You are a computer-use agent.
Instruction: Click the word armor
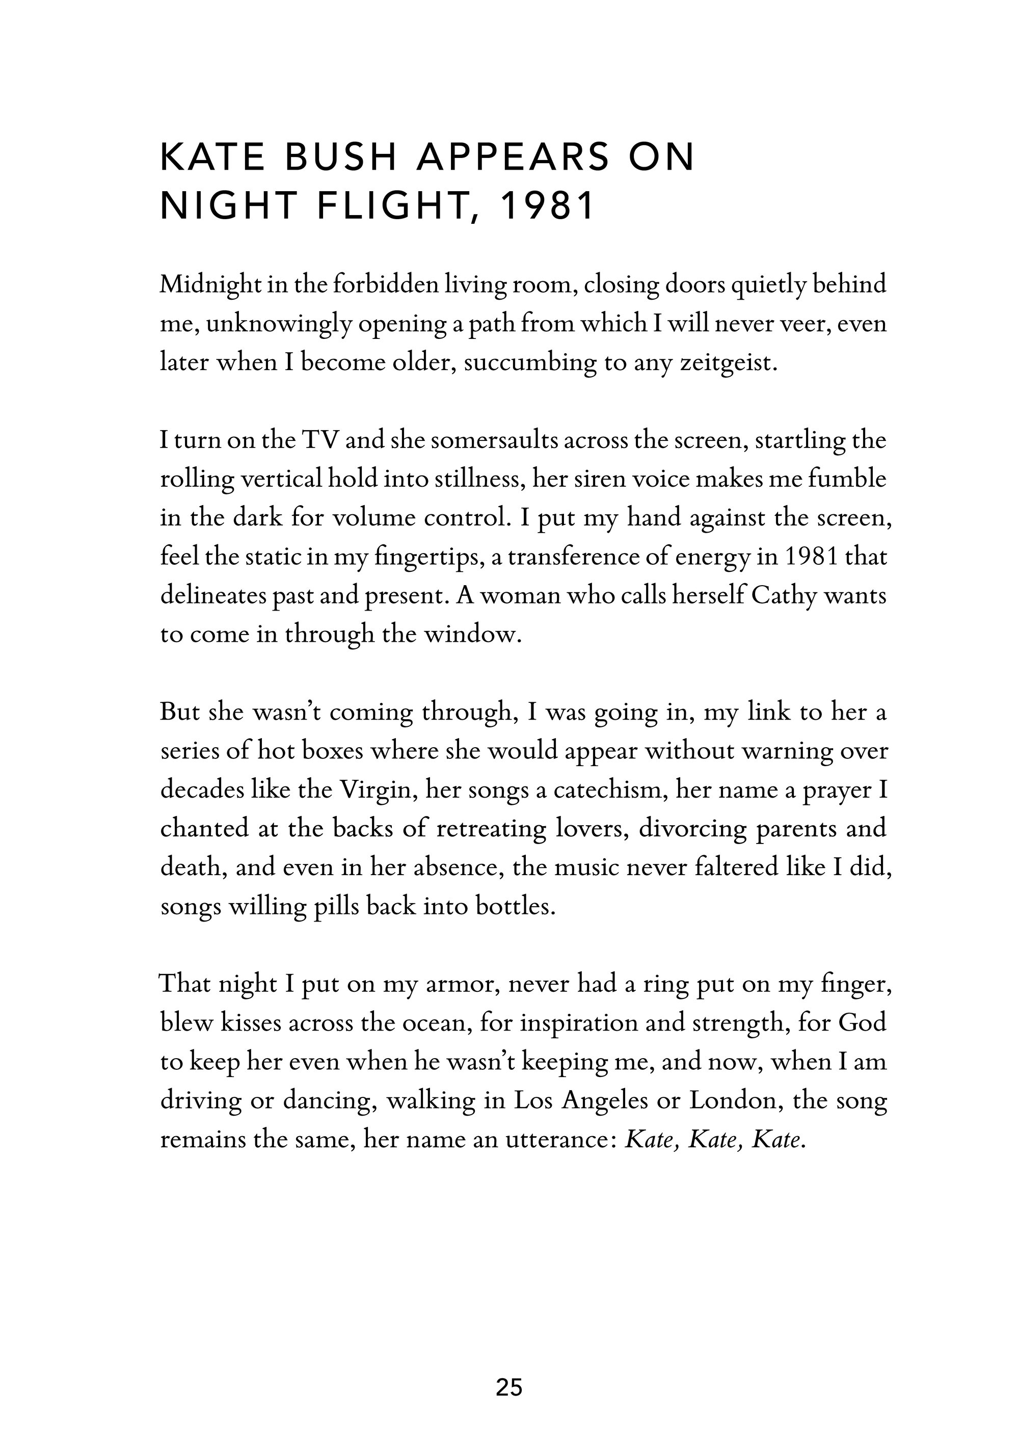coord(463,984)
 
